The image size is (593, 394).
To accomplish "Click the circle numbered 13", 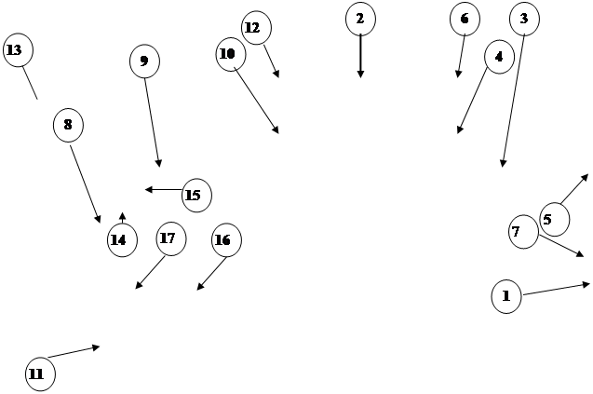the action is [19, 50].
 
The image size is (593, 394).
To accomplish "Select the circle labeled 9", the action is [145, 61].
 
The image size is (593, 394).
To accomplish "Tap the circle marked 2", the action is [360, 19].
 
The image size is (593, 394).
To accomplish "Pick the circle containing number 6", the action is [465, 19].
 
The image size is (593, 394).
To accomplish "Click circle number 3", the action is [524, 19].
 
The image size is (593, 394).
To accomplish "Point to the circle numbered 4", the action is [499, 57].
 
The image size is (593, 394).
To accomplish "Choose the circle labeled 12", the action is [256, 28].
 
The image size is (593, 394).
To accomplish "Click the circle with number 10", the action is [231, 55].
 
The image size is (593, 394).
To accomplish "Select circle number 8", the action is [68, 125].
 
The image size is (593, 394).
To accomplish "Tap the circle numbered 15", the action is [196, 196].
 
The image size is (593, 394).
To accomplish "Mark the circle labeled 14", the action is [122, 240].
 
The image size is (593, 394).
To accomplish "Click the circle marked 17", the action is [171, 238].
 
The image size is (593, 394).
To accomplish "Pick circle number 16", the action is [226, 240].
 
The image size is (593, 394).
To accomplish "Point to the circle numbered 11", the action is [40, 374].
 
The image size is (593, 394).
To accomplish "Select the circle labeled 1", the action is [506, 296].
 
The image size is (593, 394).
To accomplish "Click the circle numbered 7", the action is [523, 232].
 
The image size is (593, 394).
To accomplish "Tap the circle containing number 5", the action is [555, 220].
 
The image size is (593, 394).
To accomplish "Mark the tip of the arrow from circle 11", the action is [100, 346].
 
